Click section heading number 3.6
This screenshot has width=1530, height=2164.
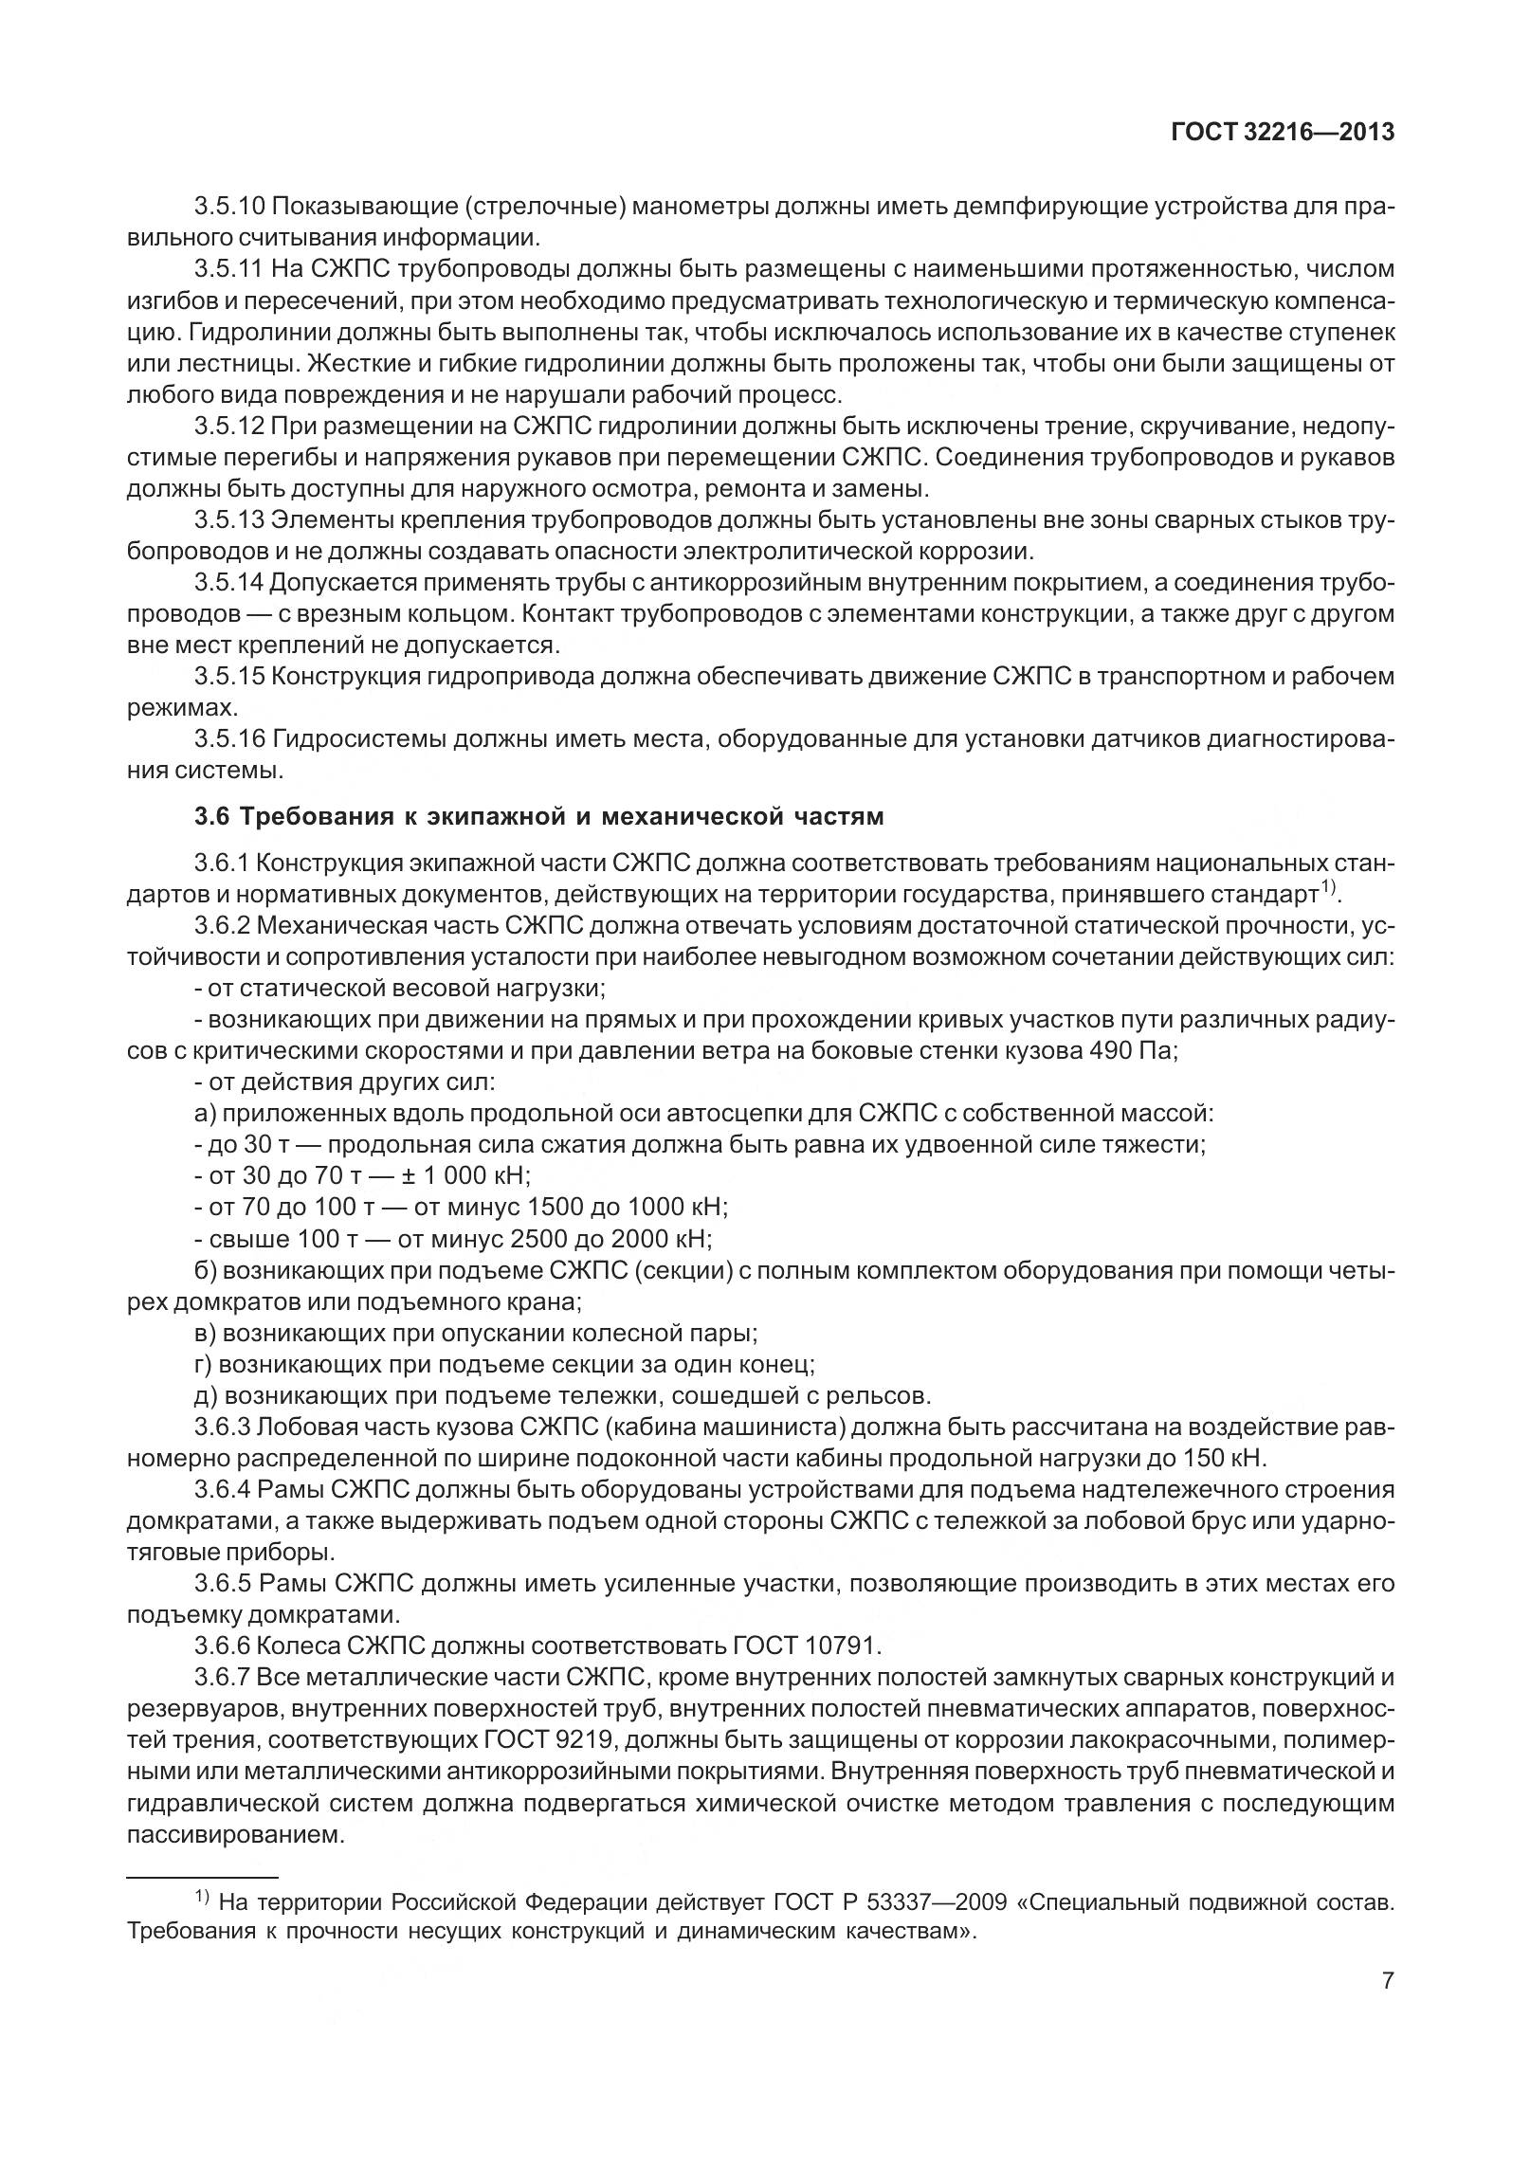pos(212,816)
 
